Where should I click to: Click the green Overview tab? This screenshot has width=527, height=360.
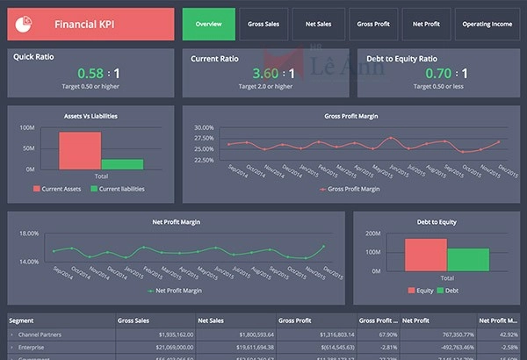pos(209,25)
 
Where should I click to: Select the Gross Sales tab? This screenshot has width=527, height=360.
pos(263,25)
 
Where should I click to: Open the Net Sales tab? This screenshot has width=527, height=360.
pos(319,25)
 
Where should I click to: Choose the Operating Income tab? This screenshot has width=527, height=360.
pos(487,25)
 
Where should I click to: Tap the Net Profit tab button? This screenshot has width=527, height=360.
pos(427,25)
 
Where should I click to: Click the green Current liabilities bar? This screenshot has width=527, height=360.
pos(122,164)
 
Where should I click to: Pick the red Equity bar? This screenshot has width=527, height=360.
pos(425,255)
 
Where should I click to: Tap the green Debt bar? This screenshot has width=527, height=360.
pos(467,260)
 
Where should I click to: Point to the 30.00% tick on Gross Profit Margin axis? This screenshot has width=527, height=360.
pos(204,127)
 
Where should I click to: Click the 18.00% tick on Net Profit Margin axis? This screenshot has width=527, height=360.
pos(29,234)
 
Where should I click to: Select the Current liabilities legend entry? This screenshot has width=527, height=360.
pos(119,189)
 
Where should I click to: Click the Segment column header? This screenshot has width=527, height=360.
pos(21,320)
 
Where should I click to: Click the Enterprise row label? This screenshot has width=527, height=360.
pos(35,347)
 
